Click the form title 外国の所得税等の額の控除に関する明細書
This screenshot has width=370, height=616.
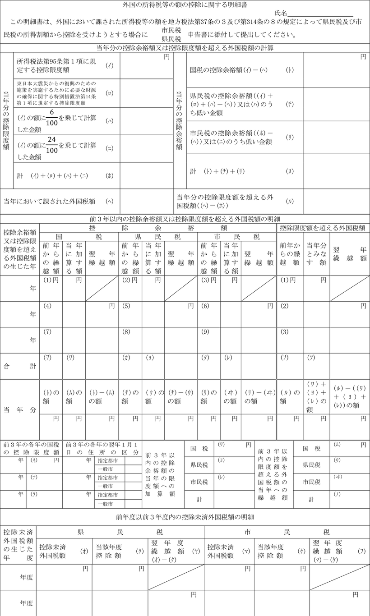tap(185, 5)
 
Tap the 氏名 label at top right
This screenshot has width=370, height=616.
tap(280, 13)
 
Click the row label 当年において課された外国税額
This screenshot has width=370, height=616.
tap(49, 201)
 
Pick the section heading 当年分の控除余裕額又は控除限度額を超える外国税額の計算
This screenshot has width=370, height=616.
tap(185, 47)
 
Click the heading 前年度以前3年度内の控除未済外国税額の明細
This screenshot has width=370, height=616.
tap(185, 516)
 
